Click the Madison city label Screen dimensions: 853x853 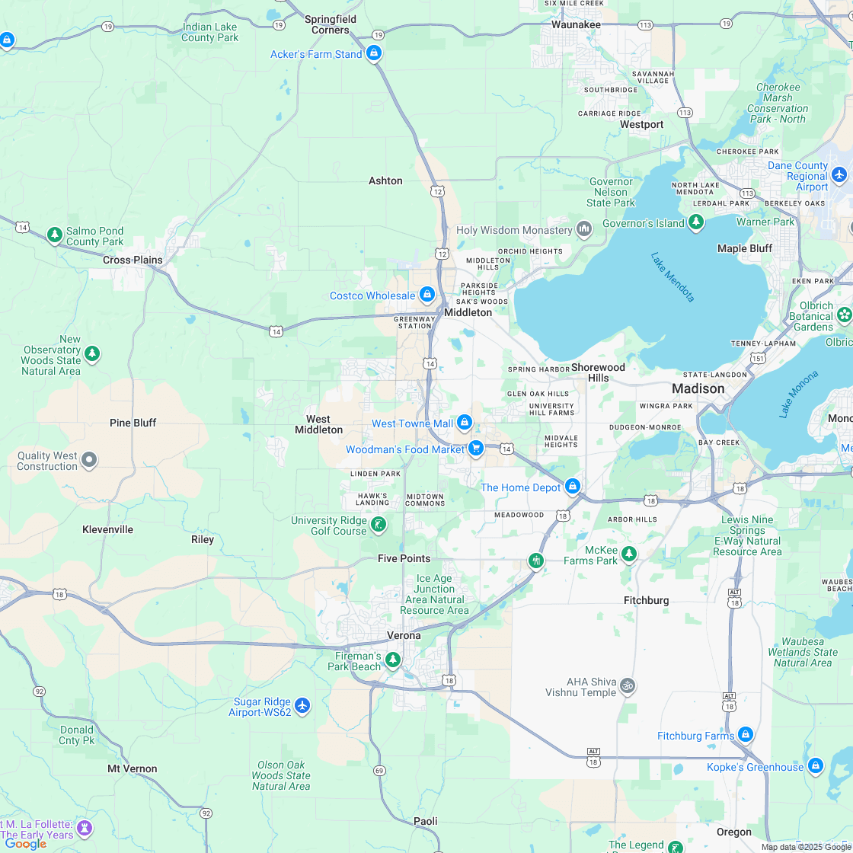(698, 388)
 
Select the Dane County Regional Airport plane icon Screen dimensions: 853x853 (840, 175)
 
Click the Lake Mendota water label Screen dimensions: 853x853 (672, 276)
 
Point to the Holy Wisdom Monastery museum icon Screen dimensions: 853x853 (584, 229)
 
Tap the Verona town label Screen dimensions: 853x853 (404, 635)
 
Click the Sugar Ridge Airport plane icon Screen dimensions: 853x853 (302, 706)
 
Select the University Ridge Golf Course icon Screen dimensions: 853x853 (378, 525)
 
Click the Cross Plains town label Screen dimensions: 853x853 (133, 260)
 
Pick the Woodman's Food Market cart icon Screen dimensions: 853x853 (476, 449)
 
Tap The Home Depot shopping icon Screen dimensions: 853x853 (573, 487)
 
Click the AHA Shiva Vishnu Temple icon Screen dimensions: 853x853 (627, 685)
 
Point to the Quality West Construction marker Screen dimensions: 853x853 (89, 459)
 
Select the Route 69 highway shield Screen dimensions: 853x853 (379, 772)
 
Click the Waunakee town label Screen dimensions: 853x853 (576, 24)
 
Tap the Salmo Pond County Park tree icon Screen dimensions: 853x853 (54, 235)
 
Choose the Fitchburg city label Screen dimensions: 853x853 (646, 600)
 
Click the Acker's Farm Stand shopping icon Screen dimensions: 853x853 (373, 53)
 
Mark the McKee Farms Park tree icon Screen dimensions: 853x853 (628, 554)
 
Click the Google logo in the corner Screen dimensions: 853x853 (26, 843)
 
